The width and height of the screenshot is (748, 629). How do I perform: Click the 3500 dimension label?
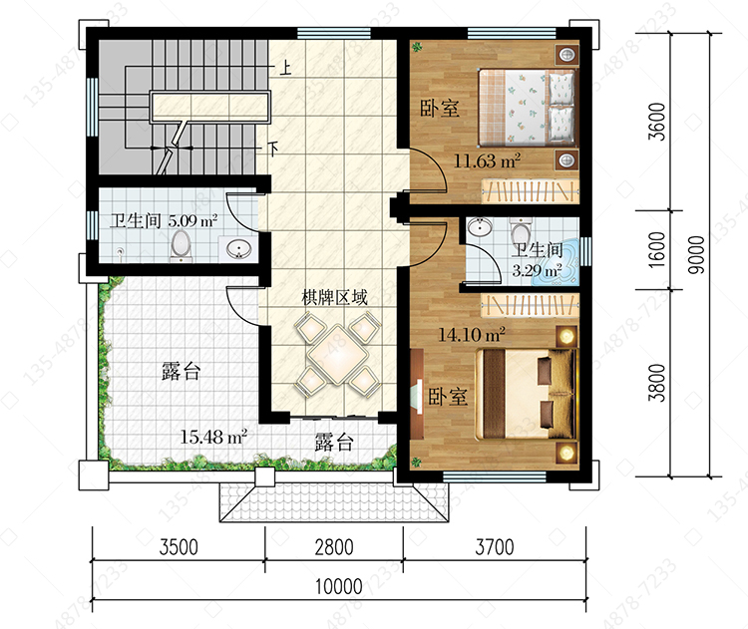click(x=179, y=547)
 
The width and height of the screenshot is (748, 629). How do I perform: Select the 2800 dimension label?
click(x=334, y=547)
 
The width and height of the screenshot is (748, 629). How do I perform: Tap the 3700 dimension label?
click(x=495, y=547)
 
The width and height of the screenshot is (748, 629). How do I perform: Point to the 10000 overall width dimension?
click(x=339, y=586)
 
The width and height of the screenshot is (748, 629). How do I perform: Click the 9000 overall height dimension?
click(x=696, y=254)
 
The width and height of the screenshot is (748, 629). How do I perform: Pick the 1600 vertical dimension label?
click(x=657, y=249)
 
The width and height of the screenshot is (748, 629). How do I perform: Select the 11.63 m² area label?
click(x=486, y=160)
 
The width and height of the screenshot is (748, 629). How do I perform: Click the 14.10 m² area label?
click(x=472, y=334)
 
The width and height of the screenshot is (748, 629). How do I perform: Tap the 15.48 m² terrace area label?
click(x=213, y=437)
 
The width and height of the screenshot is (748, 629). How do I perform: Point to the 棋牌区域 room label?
click(x=334, y=298)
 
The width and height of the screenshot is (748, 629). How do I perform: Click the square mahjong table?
click(x=338, y=354)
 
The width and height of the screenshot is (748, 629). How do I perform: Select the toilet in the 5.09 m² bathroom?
click(x=181, y=245)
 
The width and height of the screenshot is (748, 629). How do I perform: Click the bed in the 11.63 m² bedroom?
click(x=528, y=107)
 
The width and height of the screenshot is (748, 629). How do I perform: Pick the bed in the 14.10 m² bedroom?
click(x=527, y=394)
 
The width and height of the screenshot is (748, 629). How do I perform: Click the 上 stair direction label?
click(x=285, y=67)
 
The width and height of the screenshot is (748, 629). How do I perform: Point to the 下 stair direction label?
click(x=273, y=150)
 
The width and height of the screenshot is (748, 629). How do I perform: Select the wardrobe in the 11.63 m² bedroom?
click(x=530, y=191)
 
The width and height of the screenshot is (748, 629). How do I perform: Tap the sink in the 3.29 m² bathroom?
click(x=479, y=227)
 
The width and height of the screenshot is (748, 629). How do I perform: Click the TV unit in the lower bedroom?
click(x=417, y=394)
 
